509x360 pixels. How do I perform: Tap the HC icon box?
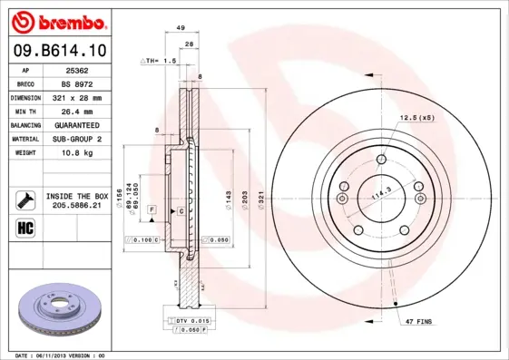[x=25, y=227]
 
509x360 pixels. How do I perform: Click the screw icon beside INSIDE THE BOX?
[x=25, y=199]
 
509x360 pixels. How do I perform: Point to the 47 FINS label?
[x=418, y=321]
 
